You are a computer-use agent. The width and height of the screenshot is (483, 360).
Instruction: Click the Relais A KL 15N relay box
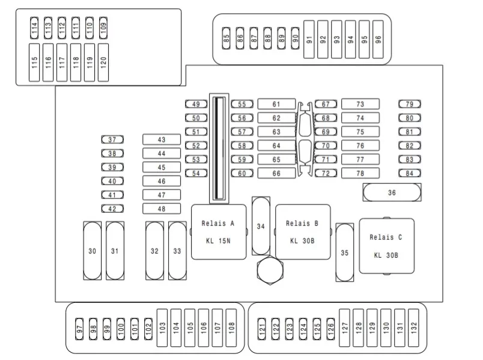coord(219,232)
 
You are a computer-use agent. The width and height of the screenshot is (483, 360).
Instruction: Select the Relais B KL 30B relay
coord(303,232)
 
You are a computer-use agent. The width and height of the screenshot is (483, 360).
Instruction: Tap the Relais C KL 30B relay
coord(387,246)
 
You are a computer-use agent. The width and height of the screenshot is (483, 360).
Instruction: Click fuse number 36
coord(392,193)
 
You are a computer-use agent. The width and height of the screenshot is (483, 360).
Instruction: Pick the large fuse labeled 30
coord(93,251)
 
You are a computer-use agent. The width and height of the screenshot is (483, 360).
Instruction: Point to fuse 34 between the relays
coord(261,226)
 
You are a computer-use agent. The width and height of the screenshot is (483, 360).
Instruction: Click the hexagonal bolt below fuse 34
coord(270,270)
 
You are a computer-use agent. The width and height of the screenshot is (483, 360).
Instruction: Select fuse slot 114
coord(34,28)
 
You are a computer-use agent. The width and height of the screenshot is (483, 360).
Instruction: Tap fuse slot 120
coord(103,63)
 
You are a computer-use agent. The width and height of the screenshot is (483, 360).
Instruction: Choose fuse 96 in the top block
coord(378,40)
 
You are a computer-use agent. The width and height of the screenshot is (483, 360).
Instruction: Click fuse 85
coord(226,38)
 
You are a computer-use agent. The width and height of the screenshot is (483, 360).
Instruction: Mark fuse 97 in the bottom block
coord(79,329)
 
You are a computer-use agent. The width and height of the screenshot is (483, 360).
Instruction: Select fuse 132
coord(413,328)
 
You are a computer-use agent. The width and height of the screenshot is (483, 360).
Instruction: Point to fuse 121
coord(261,329)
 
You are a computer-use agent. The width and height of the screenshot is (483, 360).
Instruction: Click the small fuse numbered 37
coord(112,139)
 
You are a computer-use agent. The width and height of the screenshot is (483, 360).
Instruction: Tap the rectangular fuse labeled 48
coord(162,209)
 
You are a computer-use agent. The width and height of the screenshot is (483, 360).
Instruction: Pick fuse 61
coord(276,104)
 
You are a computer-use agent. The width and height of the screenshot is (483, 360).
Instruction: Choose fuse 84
coord(409,173)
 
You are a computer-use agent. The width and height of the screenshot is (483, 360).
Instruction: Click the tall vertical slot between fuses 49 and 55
coord(219,148)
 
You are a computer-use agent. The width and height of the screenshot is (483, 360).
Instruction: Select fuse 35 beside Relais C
coord(345,252)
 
